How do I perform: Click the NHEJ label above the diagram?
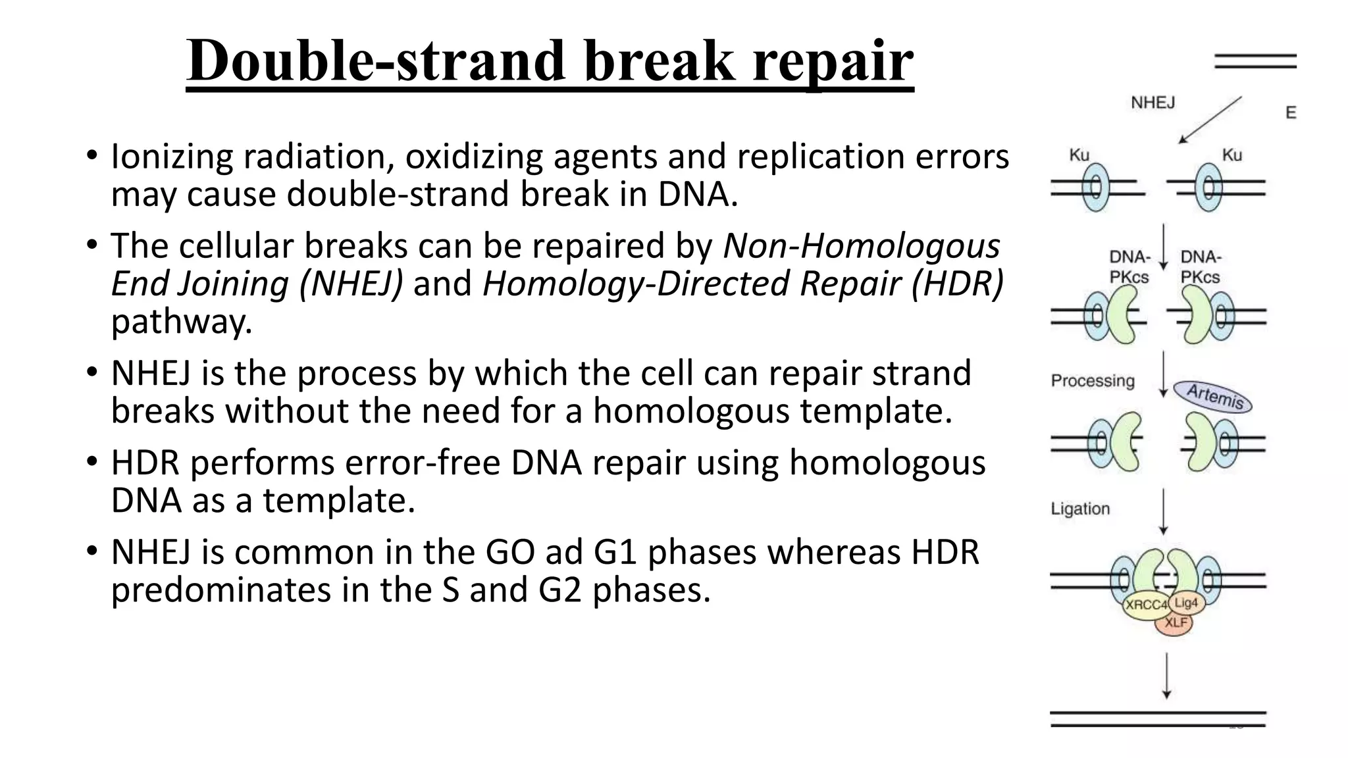[1153, 103]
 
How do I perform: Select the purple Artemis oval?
[1213, 397]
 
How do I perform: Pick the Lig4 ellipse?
[1186, 603]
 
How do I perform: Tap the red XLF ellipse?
[1175, 622]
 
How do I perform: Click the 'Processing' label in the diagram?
[1093, 381]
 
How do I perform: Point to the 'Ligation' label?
[1080, 509]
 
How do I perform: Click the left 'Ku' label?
[1079, 155]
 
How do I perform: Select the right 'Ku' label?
[1231, 155]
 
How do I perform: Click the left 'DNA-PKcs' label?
[1129, 267]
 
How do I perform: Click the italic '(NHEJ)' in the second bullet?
[350, 284]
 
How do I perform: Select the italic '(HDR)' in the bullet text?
[958, 284]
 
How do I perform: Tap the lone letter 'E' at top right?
[1291, 113]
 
